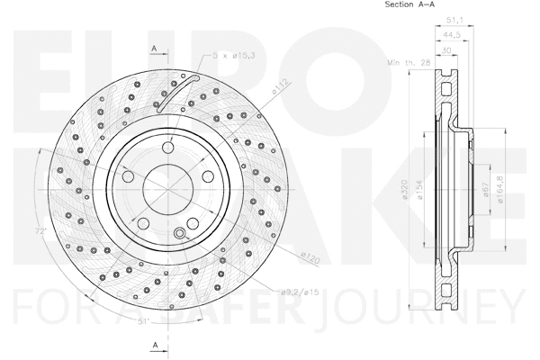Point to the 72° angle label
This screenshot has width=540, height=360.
64,232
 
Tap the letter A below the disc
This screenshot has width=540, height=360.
155,344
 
